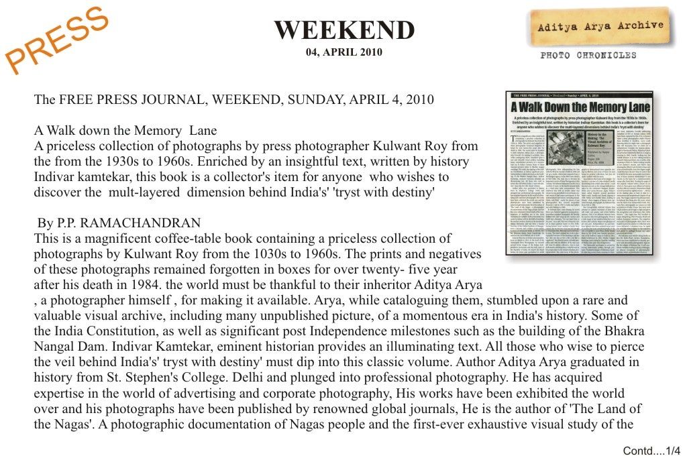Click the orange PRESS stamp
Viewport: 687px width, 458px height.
coord(58,40)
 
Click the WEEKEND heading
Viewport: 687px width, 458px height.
coord(344,30)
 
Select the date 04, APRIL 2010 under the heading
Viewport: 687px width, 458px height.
coord(344,52)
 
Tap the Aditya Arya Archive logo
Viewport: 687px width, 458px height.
coord(600,27)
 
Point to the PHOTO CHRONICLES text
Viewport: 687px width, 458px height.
coord(588,55)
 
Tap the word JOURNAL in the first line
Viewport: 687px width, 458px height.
coord(159,100)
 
